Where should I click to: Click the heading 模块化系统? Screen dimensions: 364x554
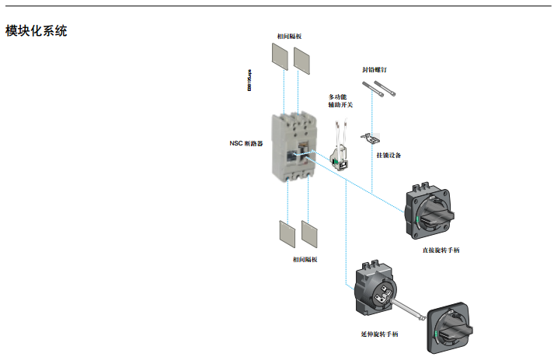pyautogui.click(x=37, y=32)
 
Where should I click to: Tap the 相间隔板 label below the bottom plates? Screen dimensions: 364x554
pyautogui.click(x=305, y=259)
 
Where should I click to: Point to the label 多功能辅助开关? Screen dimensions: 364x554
pyautogui.click(x=343, y=101)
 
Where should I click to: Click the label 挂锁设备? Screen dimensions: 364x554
pyautogui.click(x=388, y=156)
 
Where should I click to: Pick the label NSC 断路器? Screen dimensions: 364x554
pyautogui.click(x=246, y=144)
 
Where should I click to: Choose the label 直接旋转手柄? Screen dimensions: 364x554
pyautogui.click(x=441, y=251)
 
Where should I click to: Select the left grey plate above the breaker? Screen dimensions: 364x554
pyautogui.click(x=279, y=55)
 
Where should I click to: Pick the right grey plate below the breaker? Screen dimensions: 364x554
pyautogui.click(x=311, y=234)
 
